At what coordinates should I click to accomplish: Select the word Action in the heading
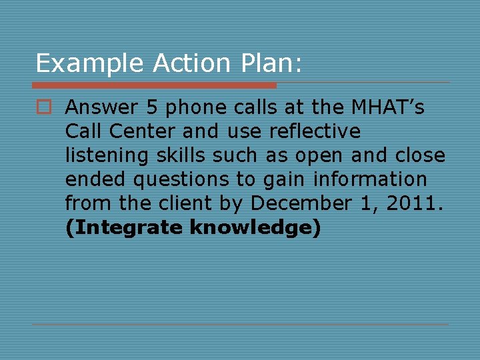(191, 63)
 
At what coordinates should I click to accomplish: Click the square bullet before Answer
(44, 107)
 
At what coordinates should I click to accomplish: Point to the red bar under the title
(154, 85)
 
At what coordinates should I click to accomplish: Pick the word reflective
(315, 131)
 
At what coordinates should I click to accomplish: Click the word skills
(180, 155)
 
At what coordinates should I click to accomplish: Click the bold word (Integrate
(125, 227)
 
